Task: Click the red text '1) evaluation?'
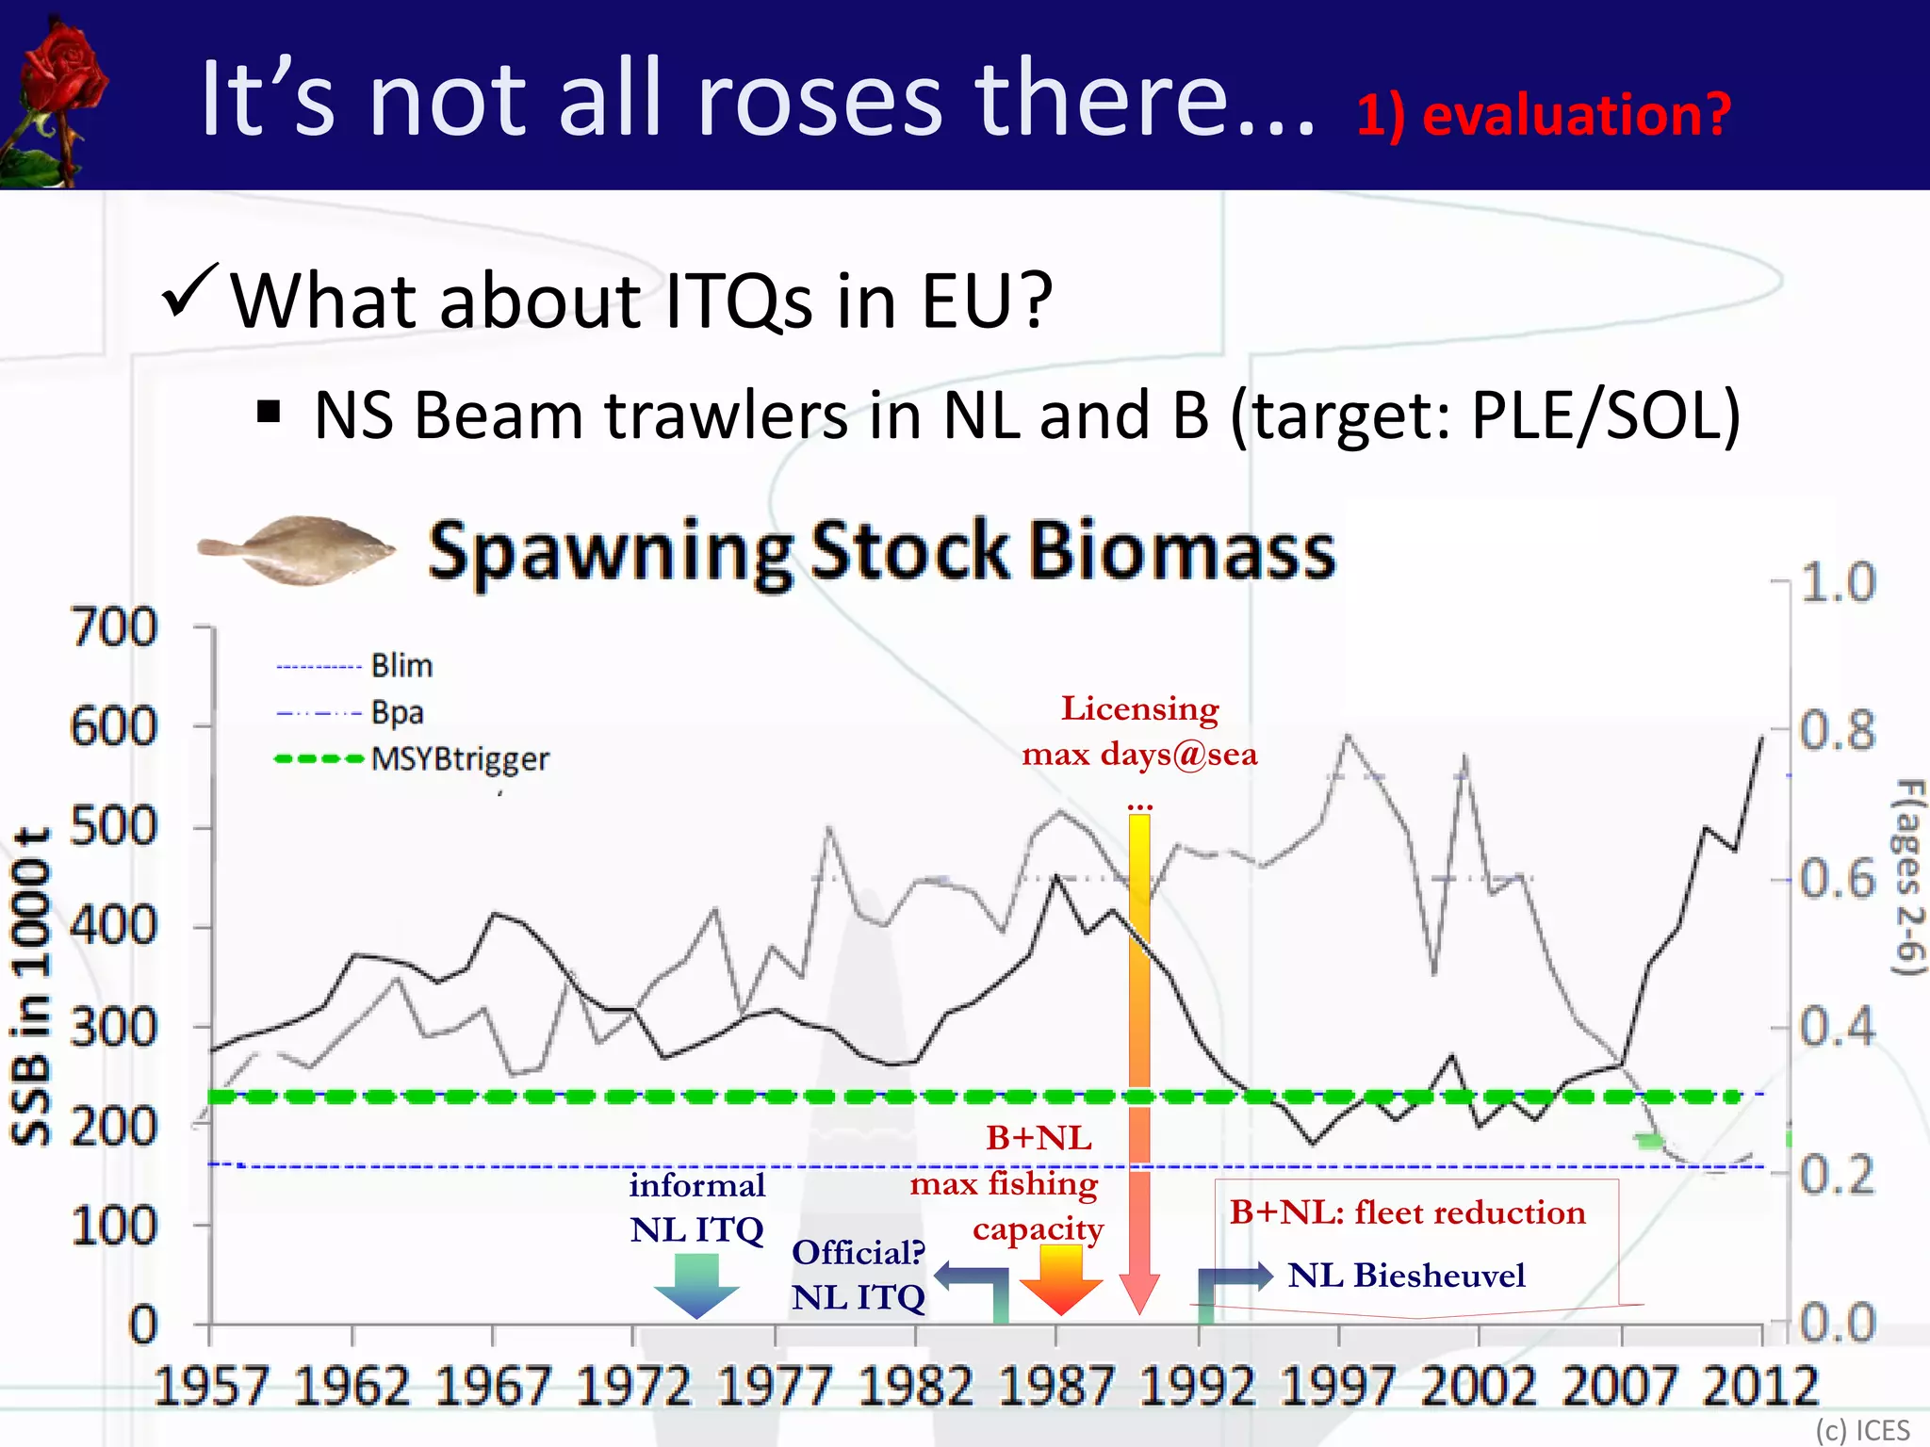tap(1543, 116)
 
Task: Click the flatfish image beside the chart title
tap(297, 550)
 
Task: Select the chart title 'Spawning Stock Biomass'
tap(881, 551)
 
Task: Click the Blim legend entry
tap(354, 666)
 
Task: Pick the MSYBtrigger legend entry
tap(412, 758)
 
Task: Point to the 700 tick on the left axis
tap(115, 627)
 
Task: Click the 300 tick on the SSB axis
tap(115, 1028)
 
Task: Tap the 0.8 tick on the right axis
tap(1837, 731)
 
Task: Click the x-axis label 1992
tap(1197, 1386)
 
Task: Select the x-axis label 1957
tap(211, 1386)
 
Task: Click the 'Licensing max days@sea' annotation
tap(1139, 731)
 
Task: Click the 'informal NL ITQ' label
tap(696, 1208)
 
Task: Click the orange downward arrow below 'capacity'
tap(1060, 1279)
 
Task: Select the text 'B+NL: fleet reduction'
tap(1407, 1212)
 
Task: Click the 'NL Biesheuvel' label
tap(1405, 1276)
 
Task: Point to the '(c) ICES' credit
tap(1862, 1430)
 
